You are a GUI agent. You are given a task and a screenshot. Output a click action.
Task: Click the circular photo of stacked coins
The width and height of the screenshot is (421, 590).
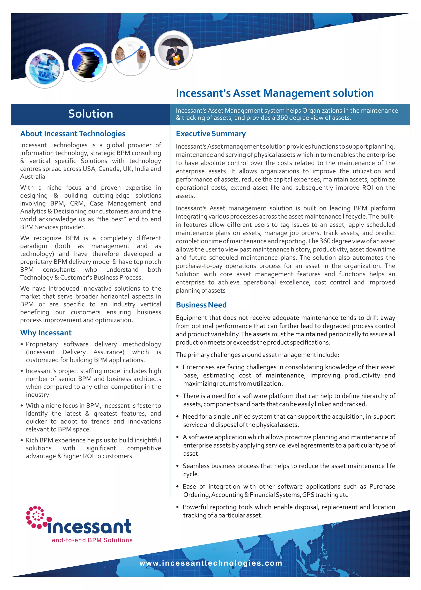coord(88,63)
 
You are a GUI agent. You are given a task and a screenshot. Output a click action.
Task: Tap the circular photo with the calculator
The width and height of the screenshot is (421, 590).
coord(45,69)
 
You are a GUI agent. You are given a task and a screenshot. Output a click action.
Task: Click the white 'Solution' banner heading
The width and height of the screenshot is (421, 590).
coord(90,114)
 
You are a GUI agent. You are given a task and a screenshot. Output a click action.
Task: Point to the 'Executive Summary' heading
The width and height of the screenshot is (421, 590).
coord(210,134)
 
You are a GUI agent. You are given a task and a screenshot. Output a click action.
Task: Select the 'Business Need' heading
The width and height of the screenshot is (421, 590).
coord(201,305)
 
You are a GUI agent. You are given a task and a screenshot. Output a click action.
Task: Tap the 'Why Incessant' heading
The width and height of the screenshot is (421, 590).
coord(46,333)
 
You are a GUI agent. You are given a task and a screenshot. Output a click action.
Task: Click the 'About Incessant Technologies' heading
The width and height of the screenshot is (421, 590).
coord(73,134)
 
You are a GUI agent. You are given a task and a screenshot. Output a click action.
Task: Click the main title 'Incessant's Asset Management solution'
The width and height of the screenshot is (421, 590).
coord(274,93)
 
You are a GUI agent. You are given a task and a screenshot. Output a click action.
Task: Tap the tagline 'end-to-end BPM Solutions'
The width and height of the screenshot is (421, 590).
coord(92,540)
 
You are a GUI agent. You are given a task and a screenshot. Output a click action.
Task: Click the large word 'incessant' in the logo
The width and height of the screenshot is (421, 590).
coord(89,526)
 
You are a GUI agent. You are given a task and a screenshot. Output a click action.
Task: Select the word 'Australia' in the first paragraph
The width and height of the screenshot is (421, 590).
coord(33,177)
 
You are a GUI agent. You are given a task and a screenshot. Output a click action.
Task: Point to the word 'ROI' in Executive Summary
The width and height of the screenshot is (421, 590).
coord(367,188)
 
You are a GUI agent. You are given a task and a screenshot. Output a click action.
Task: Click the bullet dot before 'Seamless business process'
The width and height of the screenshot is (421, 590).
coord(178,466)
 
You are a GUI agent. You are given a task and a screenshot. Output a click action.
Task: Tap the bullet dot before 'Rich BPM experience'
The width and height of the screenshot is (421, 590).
coord(22,440)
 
